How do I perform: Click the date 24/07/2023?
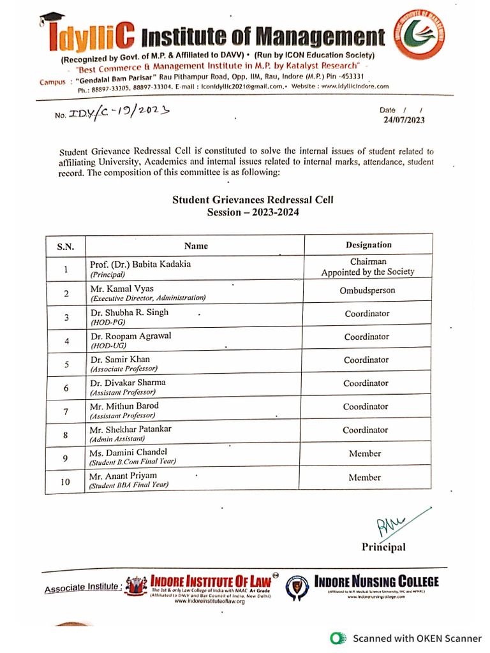tap(403, 120)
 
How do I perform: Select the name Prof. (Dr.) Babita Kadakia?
tap(140, 263)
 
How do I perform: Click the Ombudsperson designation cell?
tap(367, 290)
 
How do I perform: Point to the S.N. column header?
tap(66, 246)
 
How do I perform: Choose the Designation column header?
tap(368, 245)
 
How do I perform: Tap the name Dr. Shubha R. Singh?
tap(130, 312)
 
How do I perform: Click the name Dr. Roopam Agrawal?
tap(131, 335)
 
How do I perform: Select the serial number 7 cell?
tap(66, 412)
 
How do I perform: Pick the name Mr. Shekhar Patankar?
tap(130, 429)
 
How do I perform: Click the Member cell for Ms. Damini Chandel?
tap(365, 453)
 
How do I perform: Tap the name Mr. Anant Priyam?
tap(122, 476)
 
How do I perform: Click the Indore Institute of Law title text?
tap(210, 581)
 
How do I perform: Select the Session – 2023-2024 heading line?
tap(253, 212)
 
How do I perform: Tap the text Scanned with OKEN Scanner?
tap(417, 638)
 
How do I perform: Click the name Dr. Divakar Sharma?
tap(128, 383)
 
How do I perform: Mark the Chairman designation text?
tap(368, 261)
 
